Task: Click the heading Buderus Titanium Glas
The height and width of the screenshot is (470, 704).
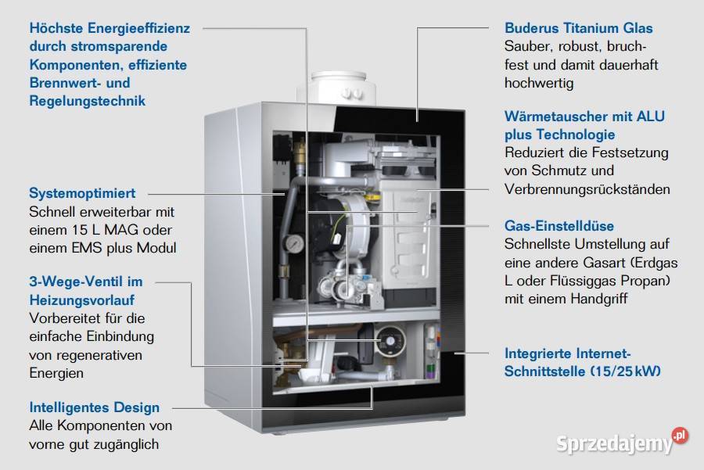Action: click(x=578, y=28)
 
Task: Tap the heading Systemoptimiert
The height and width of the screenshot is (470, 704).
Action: click(x=82, y=193)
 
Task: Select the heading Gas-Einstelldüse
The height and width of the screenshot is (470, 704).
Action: click(x=559, y=226)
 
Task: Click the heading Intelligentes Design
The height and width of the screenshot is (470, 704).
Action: click(x=95, y=407)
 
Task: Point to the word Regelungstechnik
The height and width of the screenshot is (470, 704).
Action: click(x=88, y=101)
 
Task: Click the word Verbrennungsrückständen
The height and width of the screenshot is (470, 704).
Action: click(x=587, y=189)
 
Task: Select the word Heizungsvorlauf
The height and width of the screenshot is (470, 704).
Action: click(x=81, y=300)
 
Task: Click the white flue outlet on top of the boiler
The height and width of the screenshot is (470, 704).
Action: click(x=336, y=88)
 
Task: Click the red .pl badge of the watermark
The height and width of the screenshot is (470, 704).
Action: click(x=681, y=436)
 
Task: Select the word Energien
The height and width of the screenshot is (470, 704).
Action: click(x=56, y=373)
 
